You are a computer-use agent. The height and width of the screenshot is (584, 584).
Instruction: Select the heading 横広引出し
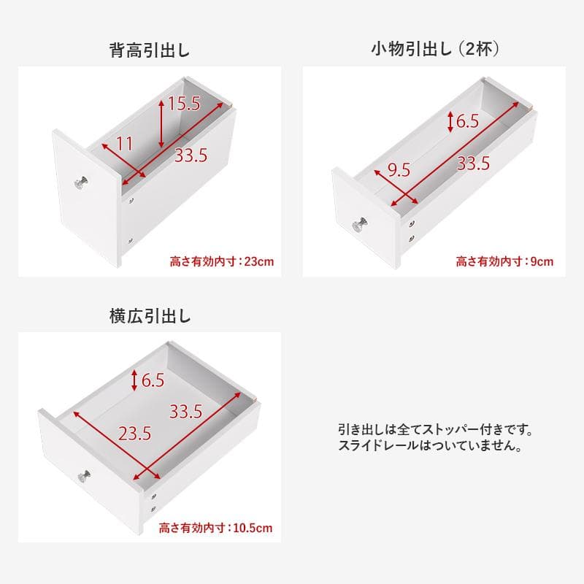click(x=150, y=316)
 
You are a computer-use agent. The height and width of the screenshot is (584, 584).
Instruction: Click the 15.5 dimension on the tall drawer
click(x=183, y=104)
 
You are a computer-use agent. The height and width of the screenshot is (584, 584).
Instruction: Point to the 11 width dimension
click(x=125, y=144)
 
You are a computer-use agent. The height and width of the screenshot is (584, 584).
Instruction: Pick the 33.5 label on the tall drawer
click(x=192, y=155)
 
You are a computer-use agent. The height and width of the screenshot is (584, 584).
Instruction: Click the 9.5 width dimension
click(x=399, y=170)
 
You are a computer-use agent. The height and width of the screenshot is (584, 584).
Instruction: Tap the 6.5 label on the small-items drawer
click(x=467, y=120)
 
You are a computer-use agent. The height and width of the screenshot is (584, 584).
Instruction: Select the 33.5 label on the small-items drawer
click(x=473, y=164)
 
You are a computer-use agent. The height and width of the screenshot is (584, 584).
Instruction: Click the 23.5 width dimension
click(x=134, y=434)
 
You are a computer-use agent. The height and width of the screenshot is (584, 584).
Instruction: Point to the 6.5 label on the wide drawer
click(x=153, y=380)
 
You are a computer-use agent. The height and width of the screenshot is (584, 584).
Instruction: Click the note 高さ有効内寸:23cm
click(x=222, y=261)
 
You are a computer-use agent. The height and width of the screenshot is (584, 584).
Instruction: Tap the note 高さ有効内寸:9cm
click(x=505, y=261)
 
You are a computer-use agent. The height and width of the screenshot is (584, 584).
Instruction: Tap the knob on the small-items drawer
click(x=360, y=225)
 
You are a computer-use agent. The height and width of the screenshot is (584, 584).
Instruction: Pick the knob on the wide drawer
click(x=83, y=475)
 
